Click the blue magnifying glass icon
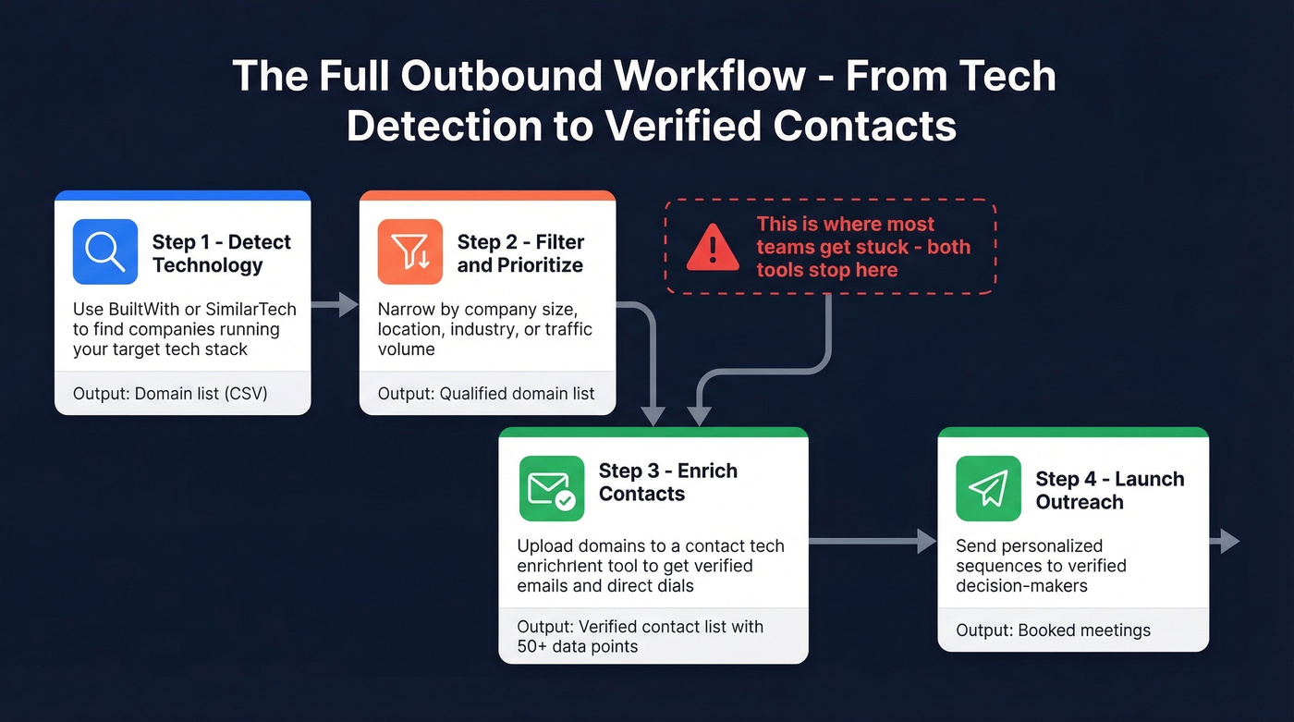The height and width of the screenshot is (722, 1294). pos(104,251)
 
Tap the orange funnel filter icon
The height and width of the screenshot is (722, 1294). pos(409,251)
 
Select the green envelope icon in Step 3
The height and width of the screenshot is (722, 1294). pos(552,488)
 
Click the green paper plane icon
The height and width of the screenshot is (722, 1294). pos(988,488)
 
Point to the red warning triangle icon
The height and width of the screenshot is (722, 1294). pos(713,248)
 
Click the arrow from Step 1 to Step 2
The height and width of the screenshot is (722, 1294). pos(335,303)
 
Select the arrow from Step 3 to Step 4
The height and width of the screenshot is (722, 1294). pos(873,541)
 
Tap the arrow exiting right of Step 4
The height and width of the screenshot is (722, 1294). pos(1226,541)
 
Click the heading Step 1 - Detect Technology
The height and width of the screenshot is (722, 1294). pos(222,253)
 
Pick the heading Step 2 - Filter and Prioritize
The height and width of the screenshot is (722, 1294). pos(520,253)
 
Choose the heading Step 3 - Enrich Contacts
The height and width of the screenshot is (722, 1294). pos(668,482)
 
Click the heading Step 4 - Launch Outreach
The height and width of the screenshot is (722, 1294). pos(1110,490)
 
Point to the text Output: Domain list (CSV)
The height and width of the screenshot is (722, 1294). pos(170,394)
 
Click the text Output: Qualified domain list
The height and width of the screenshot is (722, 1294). pos(486,394)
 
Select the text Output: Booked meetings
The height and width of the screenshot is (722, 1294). pos(1053,630)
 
